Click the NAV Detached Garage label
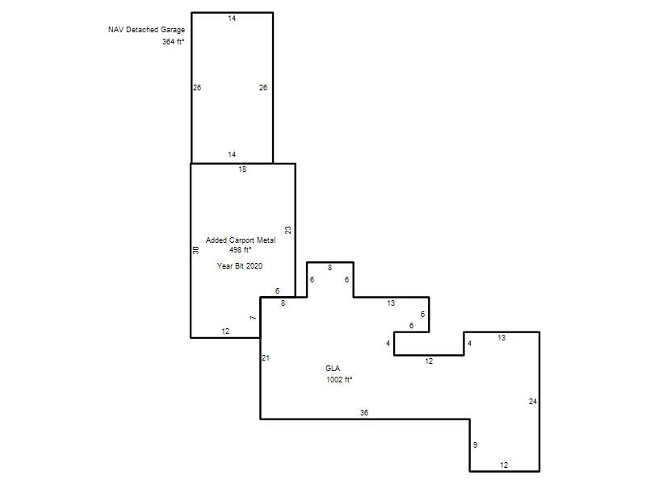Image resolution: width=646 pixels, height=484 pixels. [146, 30]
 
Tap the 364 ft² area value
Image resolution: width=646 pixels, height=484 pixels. [173, 42]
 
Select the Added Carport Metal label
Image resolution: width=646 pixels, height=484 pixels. [241, 240]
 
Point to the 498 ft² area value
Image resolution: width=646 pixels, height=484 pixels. [241, 250]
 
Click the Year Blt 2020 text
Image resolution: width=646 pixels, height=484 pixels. [240, 266]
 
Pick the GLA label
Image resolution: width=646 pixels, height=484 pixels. [333, 369]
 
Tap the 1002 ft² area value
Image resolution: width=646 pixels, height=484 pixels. [339, 379]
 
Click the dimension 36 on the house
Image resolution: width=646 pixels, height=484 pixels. [364, 413]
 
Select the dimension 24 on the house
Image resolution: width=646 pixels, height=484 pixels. [533, 401]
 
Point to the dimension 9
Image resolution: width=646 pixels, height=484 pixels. [475, 445]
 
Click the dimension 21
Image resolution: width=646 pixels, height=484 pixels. [266, 358]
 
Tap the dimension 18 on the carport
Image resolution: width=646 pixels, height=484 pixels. [242, 169]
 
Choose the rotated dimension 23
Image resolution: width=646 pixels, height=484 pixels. [288, 230]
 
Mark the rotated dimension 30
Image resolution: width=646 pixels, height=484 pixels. [195, 250]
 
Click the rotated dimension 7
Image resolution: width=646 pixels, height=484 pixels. [253, 318]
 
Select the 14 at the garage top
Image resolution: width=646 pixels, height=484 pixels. [232, 18]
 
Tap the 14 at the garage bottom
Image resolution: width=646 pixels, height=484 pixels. [232, 155]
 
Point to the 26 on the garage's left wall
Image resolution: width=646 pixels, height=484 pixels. [197, 88]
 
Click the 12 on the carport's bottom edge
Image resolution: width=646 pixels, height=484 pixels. [225, 332]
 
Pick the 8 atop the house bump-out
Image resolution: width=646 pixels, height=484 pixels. [329, 268]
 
